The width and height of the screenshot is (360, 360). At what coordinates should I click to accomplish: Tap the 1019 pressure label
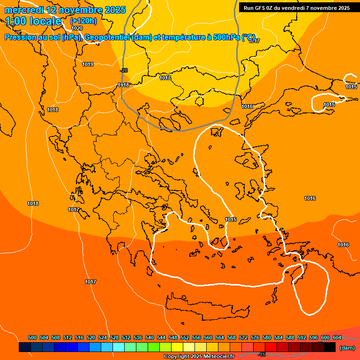point(88,64)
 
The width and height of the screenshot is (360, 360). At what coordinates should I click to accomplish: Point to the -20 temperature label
point(124,70)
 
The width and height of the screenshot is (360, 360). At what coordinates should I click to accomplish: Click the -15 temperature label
point(262,354)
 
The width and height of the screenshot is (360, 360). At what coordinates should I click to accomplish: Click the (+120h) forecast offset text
point(83,21)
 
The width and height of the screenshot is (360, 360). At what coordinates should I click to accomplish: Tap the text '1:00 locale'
point(33,21)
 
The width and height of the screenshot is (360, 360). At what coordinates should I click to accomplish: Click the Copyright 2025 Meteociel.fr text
point(199,357)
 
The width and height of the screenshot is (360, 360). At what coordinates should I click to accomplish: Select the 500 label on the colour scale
point(32,337)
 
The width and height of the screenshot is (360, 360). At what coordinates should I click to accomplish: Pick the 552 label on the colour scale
point(185,337)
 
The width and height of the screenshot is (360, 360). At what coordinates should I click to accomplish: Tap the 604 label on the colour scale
point(337,337)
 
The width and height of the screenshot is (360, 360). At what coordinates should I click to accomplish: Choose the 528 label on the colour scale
point(114,337)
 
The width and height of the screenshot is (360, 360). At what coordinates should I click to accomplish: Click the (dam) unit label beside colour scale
point(347,348)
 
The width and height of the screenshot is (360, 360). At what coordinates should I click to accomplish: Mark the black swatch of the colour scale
point(330,347)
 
